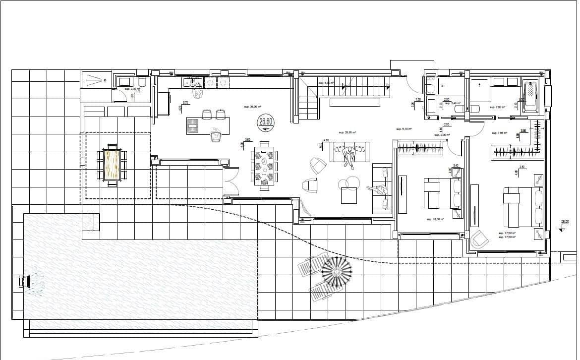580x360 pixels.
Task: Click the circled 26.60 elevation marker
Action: click(266, 121)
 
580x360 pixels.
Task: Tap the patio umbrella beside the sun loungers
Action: click(337, 271)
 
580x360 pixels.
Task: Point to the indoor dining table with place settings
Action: click(264, 167)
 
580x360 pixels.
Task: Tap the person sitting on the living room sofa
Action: click(350, 155)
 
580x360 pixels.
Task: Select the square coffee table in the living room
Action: click(349, 196)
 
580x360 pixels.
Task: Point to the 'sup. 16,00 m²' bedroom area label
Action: click(434, 219)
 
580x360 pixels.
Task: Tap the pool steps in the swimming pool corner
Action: click(91, 222)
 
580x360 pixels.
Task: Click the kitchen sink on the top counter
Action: click(191, 83)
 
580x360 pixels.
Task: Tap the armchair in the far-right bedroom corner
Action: click(479, 240)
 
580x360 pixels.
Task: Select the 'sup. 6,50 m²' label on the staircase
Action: click(326, 83)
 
